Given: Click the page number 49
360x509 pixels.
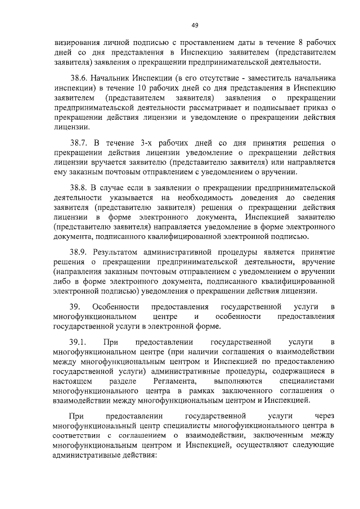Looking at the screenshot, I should (195, 25).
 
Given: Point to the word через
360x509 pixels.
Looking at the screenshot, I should (325, 416).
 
